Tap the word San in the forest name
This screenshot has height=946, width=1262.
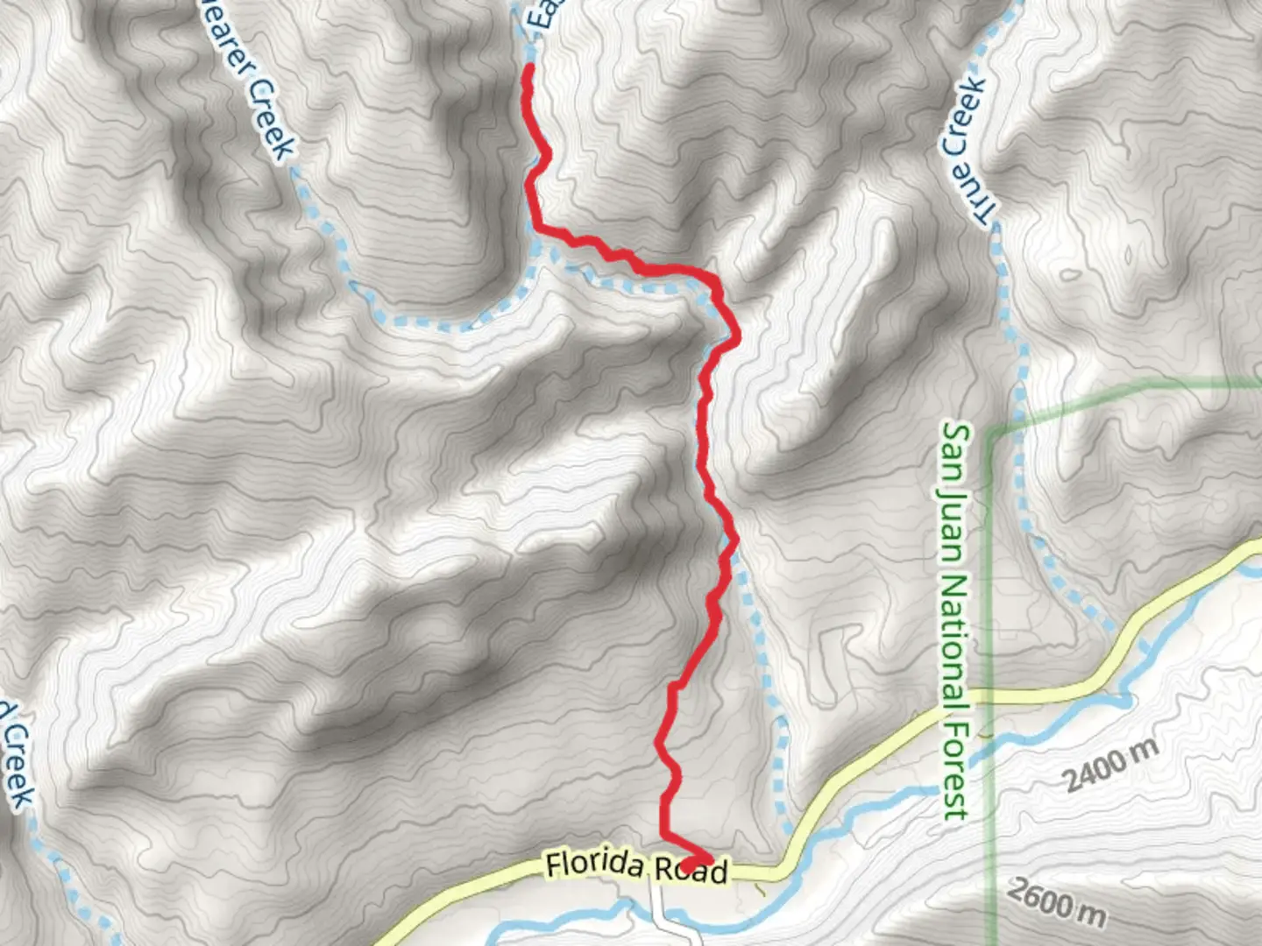point(955,452)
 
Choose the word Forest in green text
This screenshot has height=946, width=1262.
point(955,772)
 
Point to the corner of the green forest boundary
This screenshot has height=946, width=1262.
point(991,433)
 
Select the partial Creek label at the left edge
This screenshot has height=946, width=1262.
point(16,753)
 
